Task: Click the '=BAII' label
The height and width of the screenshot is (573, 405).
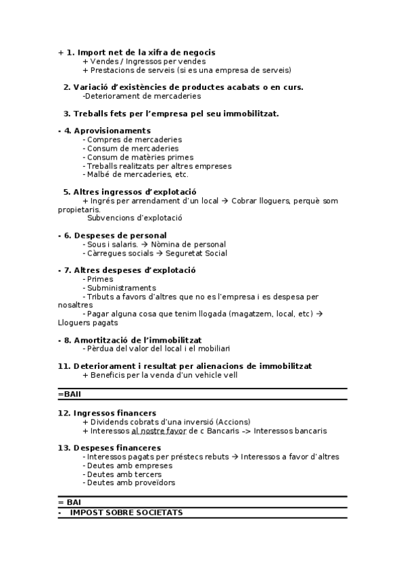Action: (x=70, y=393)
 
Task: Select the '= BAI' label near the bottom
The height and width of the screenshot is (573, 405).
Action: (x=69, y=503)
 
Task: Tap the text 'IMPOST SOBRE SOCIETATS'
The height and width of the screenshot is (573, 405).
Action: (x=126, y=512)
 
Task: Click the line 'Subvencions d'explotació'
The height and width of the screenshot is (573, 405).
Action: (x=135, y=218)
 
